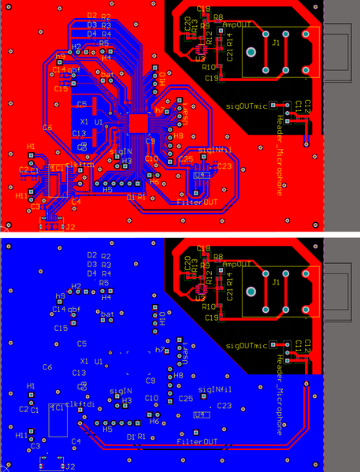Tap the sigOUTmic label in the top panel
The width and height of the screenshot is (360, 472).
(x=247, y=104)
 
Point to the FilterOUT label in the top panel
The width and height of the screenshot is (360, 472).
(x=197, y=203)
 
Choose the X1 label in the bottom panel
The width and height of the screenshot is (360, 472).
(x=84, y=361)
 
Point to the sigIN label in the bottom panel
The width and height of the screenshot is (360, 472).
(x=121, y=390)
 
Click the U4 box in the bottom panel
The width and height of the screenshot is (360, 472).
(x=200, y=414)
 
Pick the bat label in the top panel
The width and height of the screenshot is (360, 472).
(x=107, y=73)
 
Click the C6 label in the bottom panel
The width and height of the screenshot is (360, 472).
(x=47, y=367)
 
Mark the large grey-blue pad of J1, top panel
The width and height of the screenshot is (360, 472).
(x=251, y=53)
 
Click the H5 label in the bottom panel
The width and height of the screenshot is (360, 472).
(x=108, y=429)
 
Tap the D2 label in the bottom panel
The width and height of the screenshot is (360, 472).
(x=92, y=255)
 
